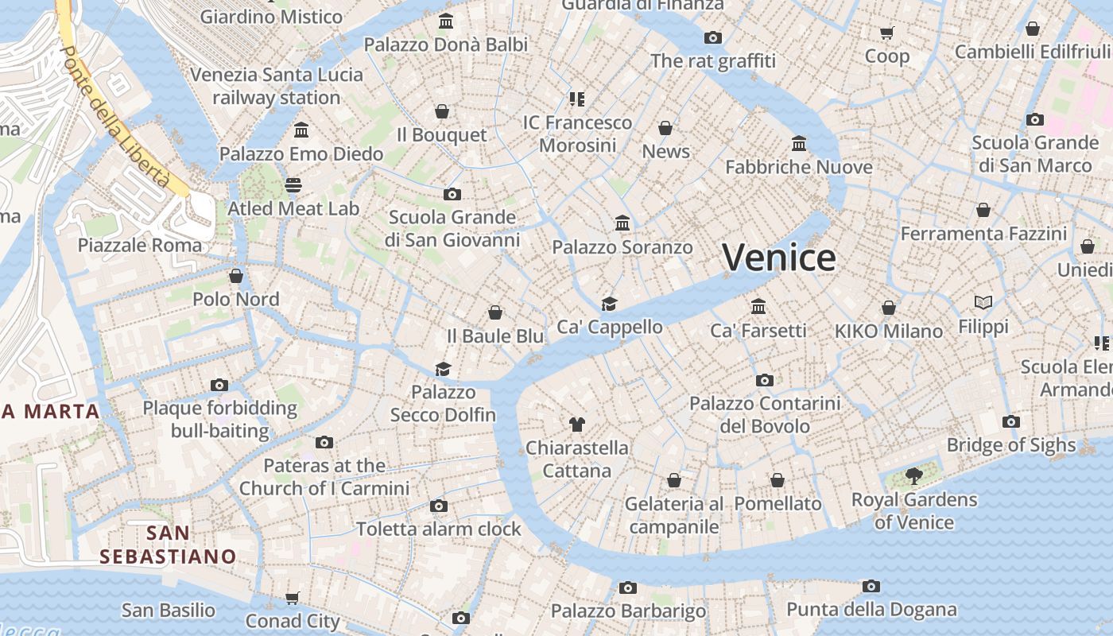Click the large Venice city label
click(x=778, y=258)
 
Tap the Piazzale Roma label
click(x=140, y=245)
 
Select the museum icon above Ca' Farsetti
click(x=758, y=307)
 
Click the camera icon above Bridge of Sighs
click(x=1010, y=421)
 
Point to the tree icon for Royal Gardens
click(x=914, y=476)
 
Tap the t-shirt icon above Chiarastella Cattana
click(x=577, y=425)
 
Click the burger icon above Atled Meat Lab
click(x=293, y=185)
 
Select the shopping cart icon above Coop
click(x=886, y=33)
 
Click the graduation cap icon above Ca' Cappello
click(x=609, y=304)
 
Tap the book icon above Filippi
click(x=983, y=303)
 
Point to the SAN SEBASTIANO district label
click(x=169, y=545)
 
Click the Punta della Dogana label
click(x=871, y=610)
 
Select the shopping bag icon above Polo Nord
click(x=236, y=276)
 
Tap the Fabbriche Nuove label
click(x=799, y=167)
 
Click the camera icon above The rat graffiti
click(x=712, y=37)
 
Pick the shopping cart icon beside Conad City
click(x=293, y=598)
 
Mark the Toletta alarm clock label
click(x=439, y=529)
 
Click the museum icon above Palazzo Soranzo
click(x=622, y=223)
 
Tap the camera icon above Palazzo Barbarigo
click(x=628, y=588)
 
